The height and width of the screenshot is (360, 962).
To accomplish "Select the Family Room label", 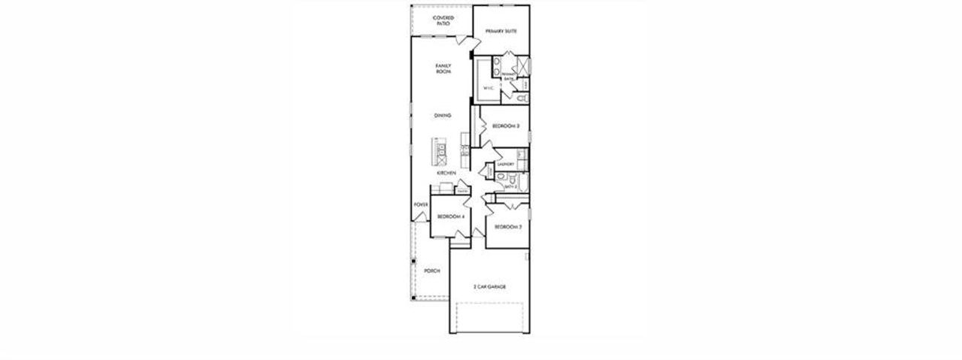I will coord(443,68).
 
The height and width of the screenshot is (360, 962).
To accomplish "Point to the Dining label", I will coord(443,115).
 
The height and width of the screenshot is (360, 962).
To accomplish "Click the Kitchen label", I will coord(446,173).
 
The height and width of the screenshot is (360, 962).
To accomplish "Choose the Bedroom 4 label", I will coord(450,216).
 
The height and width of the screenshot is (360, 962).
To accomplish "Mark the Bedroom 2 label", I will coord(507,226).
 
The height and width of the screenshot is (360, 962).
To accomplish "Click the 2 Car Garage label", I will coord(489,286).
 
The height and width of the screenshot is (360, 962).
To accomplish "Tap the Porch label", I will coord(431,271).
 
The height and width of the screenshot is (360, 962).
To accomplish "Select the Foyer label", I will coord(420,204).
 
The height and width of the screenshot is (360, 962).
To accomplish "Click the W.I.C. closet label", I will coord(487,88).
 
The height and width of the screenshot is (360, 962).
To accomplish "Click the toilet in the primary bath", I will coord(523,98).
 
